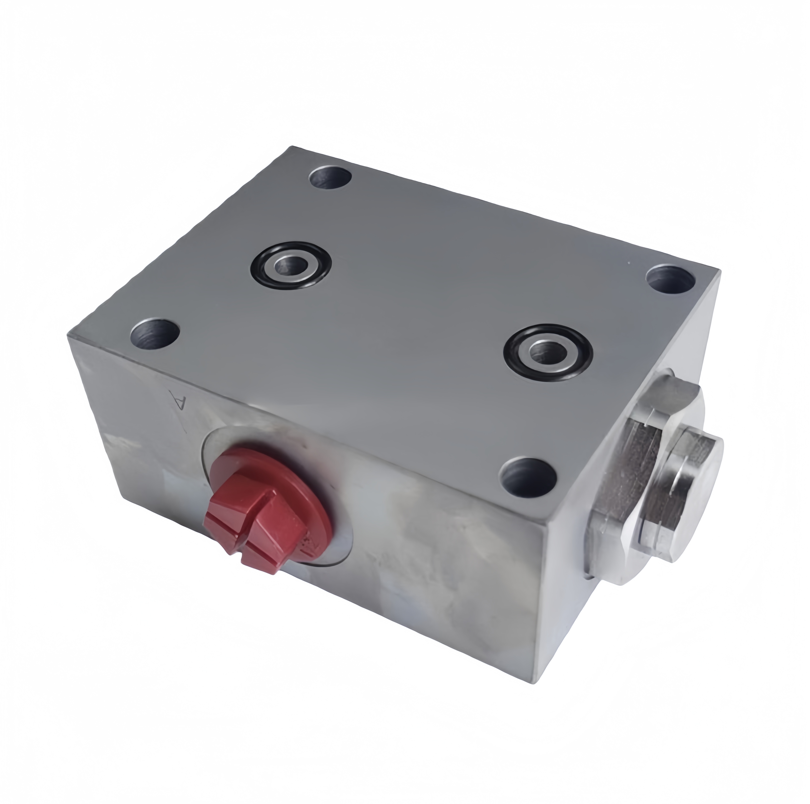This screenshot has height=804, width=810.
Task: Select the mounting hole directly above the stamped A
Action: click(x=155, y=335)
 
